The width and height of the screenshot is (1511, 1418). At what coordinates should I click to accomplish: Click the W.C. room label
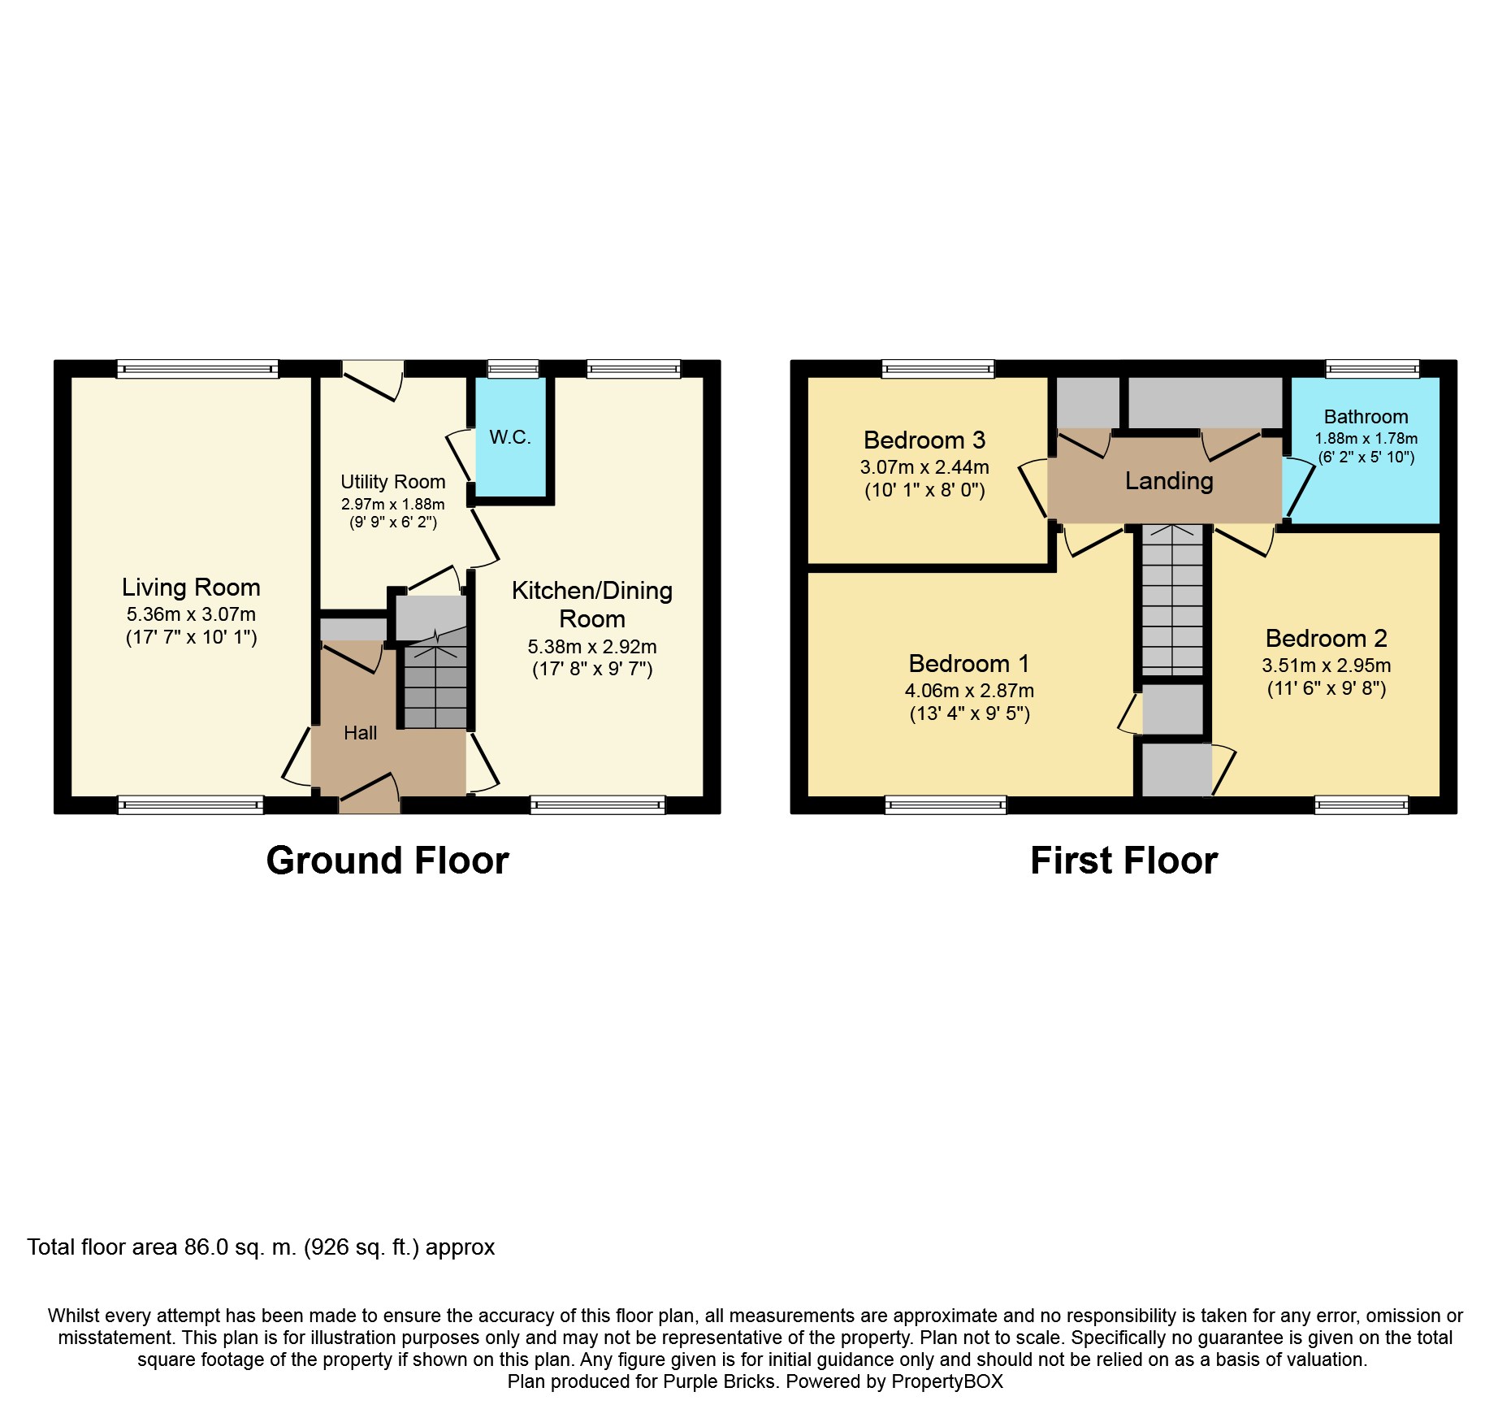pyautogui.click(x=510, y=437)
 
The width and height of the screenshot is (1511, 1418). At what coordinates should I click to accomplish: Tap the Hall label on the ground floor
pyautogui.click(x=360, y=733)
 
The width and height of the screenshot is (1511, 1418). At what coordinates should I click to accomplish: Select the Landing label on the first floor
pyautogui.click(x=1169, y=481)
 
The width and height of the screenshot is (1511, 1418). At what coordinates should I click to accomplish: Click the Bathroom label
pyautogui.click(x=1366, y=417)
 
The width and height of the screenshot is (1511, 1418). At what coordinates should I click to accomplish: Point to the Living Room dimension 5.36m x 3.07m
pyautogui.click(x=191, y=614)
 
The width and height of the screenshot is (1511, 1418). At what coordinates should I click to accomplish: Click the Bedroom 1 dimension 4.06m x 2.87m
pyautogui.click(x=969, y=691)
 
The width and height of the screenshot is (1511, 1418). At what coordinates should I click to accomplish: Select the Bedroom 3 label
pyautogui.click(x=924, y=440)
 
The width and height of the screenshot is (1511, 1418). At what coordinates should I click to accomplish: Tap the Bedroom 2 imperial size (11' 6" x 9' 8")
pyautogui.click(x=1327, y=689)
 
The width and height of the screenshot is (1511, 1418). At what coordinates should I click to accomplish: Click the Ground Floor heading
pyautogui.click(x=387, y=861)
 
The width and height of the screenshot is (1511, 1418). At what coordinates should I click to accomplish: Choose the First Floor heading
pyautogui.click(x=1124, y=861)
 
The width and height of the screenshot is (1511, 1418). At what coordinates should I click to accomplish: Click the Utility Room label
pyautogui.click(x=392, y=482)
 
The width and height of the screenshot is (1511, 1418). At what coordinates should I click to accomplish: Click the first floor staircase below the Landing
pyautogui.click(x=1172, y=600)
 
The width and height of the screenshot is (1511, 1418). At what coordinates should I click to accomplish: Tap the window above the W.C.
pyautogui.click(x=513, y=370)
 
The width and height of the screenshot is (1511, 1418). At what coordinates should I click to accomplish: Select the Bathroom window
pyautogui.click(x=1372, y=370)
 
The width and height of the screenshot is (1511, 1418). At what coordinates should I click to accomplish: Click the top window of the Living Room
pyautogui.click(x=197, y=370)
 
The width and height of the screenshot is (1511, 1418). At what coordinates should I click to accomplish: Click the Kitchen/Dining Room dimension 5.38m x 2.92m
pyautogui.click(x=592, y=647)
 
